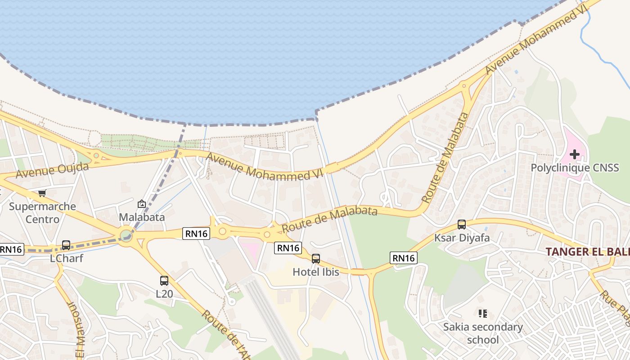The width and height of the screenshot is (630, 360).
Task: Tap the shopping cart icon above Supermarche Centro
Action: coord(42,193)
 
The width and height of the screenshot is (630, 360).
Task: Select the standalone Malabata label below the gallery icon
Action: coord(142,217)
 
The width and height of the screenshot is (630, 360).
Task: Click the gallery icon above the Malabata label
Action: coord(142,204)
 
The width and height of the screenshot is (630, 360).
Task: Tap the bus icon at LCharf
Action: coord(66,245)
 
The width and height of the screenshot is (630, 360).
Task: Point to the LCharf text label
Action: coord(67,259)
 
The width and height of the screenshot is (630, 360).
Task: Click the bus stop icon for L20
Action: coord(164,281)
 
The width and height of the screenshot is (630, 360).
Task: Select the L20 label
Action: coord(164,294)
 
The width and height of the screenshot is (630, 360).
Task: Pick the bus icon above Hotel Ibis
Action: coord(316,259)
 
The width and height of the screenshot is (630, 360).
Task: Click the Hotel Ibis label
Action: coord(316,272)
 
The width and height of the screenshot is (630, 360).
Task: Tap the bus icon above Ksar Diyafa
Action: coord(462,225)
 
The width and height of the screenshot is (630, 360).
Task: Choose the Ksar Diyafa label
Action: coord(462,238)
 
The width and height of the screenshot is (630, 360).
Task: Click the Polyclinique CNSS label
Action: coord(575,168)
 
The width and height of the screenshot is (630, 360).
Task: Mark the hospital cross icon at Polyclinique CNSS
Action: coord(575,154)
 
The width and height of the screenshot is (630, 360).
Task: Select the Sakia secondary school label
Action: coord(483,333)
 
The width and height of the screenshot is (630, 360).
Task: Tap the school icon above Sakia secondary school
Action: coord(483,313)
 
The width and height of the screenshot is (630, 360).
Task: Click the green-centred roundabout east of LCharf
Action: coord(126,235)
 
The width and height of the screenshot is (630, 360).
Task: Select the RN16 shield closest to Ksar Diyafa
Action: coord(404,258)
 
